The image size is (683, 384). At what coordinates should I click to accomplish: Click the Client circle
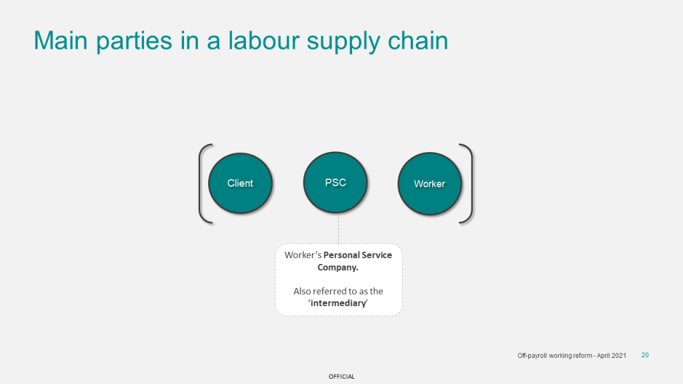coord(240,183)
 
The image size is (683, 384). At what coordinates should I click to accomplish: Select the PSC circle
coord(335,183)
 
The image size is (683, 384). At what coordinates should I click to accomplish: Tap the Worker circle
coord(430,184)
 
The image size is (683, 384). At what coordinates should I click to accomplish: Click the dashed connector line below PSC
coord(338,229)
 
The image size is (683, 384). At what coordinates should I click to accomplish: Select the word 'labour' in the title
coord(263,41)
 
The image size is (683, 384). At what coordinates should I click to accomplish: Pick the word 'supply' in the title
coord(344,43)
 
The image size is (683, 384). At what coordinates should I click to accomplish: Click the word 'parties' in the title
coord(134,42)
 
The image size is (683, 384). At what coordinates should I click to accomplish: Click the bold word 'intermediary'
coord(338,303)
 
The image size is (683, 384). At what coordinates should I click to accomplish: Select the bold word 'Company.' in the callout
coord(337,267)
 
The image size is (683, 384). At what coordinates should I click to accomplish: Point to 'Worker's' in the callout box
coord(303,255)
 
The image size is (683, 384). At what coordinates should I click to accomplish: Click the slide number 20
coord(645,355)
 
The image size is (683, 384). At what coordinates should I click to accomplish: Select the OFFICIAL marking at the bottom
coord(341,377)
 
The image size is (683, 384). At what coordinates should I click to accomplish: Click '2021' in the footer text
coord(619,356)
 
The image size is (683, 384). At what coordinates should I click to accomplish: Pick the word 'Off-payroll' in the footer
coord(532,356)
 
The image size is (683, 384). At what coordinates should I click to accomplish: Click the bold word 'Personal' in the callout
coord(342,255)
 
